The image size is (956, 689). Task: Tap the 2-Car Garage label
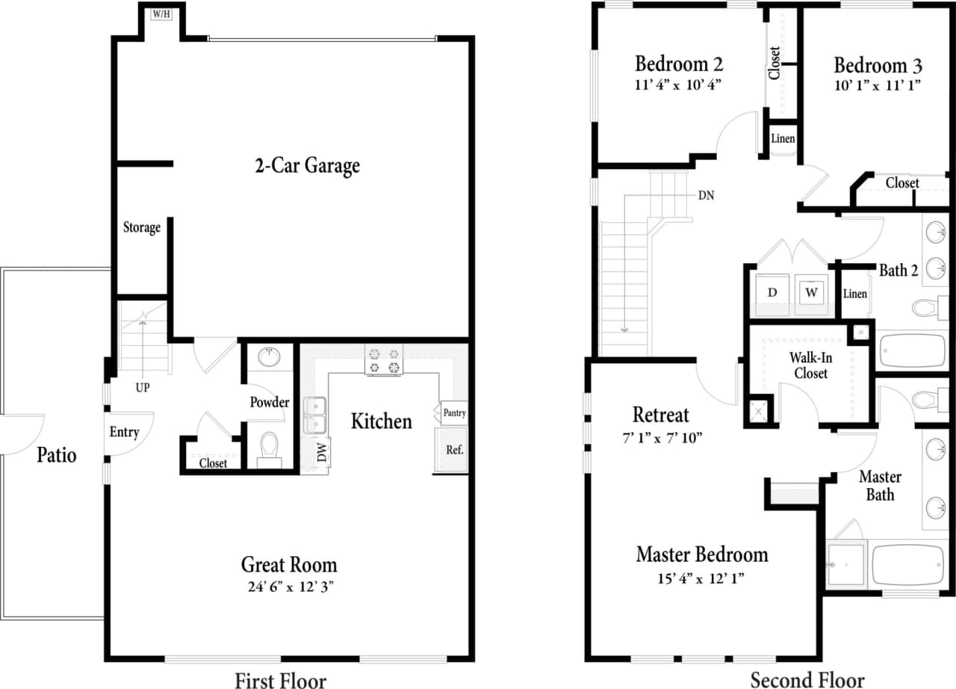pyautogui.click(x=307, y=165)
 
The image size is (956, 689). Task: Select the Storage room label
pyautogui.click(x=142, y=227)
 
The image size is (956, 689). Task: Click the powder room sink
pyautogui.click(x=269, y=357)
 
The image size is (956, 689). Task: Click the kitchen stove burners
pyautogui.click(x=383, y=359)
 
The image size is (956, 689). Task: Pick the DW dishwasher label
pyautogui.click(x=323, y=452)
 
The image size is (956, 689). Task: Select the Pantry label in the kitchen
pyautogui.click(x=454, y=413)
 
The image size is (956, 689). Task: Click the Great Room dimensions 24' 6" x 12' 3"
pyautogui.click(x=288, y=587)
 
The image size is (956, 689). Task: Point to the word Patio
pyautogui.click(x=57, y=454)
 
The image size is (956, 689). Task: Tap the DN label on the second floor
pyautogui.click(x=706, y=197)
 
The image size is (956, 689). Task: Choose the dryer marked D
pyautogui.click(x=772, y=291)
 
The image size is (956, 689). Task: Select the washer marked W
pyautogui.click(x=810, y=291)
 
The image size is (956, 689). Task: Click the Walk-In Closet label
pyautogui.click(x=810, y=365)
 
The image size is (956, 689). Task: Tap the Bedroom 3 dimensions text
pyautogui.click(x=878, y=85)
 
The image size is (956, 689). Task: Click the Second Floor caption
pyautogui.click(x=807, y=679)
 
